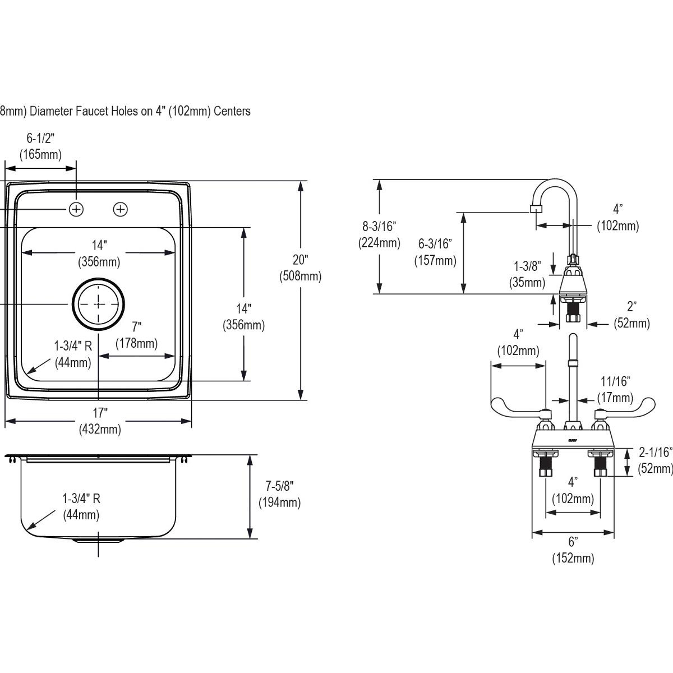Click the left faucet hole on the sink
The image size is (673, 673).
coord(76,209)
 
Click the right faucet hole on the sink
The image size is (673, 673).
coord(121,209)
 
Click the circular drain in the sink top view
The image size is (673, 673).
coord(98,303)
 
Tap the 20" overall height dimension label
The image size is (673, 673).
coord(300,268)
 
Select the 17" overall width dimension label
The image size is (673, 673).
coord(100,421)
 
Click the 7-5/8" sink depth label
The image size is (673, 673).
coord(279,494)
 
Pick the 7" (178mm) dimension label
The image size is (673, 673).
coord(136,335)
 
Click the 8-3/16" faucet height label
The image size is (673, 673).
coord(379,234)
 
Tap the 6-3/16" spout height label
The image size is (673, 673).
coord(435,252)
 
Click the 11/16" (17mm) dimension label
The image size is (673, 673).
coord(615,389)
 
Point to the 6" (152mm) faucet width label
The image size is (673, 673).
coord(573,550)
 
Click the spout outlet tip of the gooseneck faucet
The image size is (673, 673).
coord(536,210)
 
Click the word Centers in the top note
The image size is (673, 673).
coord(231,111)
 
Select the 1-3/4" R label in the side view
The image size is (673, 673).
coord(81,505)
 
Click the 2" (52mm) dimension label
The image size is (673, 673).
coord(631,315)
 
